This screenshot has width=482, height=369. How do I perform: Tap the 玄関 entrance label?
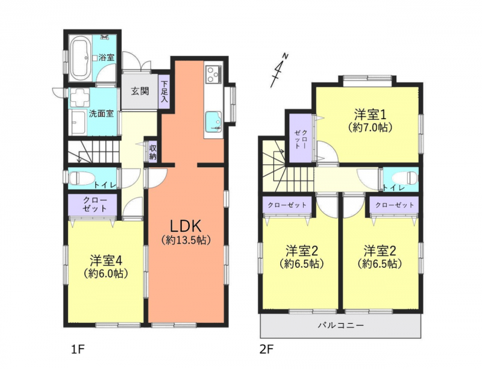tap(140, 91)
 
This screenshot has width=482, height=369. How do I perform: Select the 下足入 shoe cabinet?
tap(164, 91)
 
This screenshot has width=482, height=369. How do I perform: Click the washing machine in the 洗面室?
tap(79, 98)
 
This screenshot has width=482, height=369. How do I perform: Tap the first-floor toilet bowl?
tap(76, 178)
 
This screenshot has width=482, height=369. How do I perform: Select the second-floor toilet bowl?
tap(407, 178)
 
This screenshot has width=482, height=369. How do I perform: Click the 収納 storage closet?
tap(153, 152)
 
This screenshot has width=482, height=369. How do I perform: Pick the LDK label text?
tap(186, 226)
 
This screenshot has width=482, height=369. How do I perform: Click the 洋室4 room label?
tap(106, 261)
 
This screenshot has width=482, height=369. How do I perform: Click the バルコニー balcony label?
tap(341, 325)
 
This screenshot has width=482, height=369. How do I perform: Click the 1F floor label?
tap(78, 350)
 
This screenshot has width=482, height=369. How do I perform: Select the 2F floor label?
tap(266, 350)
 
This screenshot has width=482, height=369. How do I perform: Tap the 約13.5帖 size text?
tap(186, 240)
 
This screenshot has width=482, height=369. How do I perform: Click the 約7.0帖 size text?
tap(370, 127)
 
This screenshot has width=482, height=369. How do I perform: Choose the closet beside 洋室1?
tap(301, 137)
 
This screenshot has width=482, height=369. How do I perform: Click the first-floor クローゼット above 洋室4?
tap(92, 205)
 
